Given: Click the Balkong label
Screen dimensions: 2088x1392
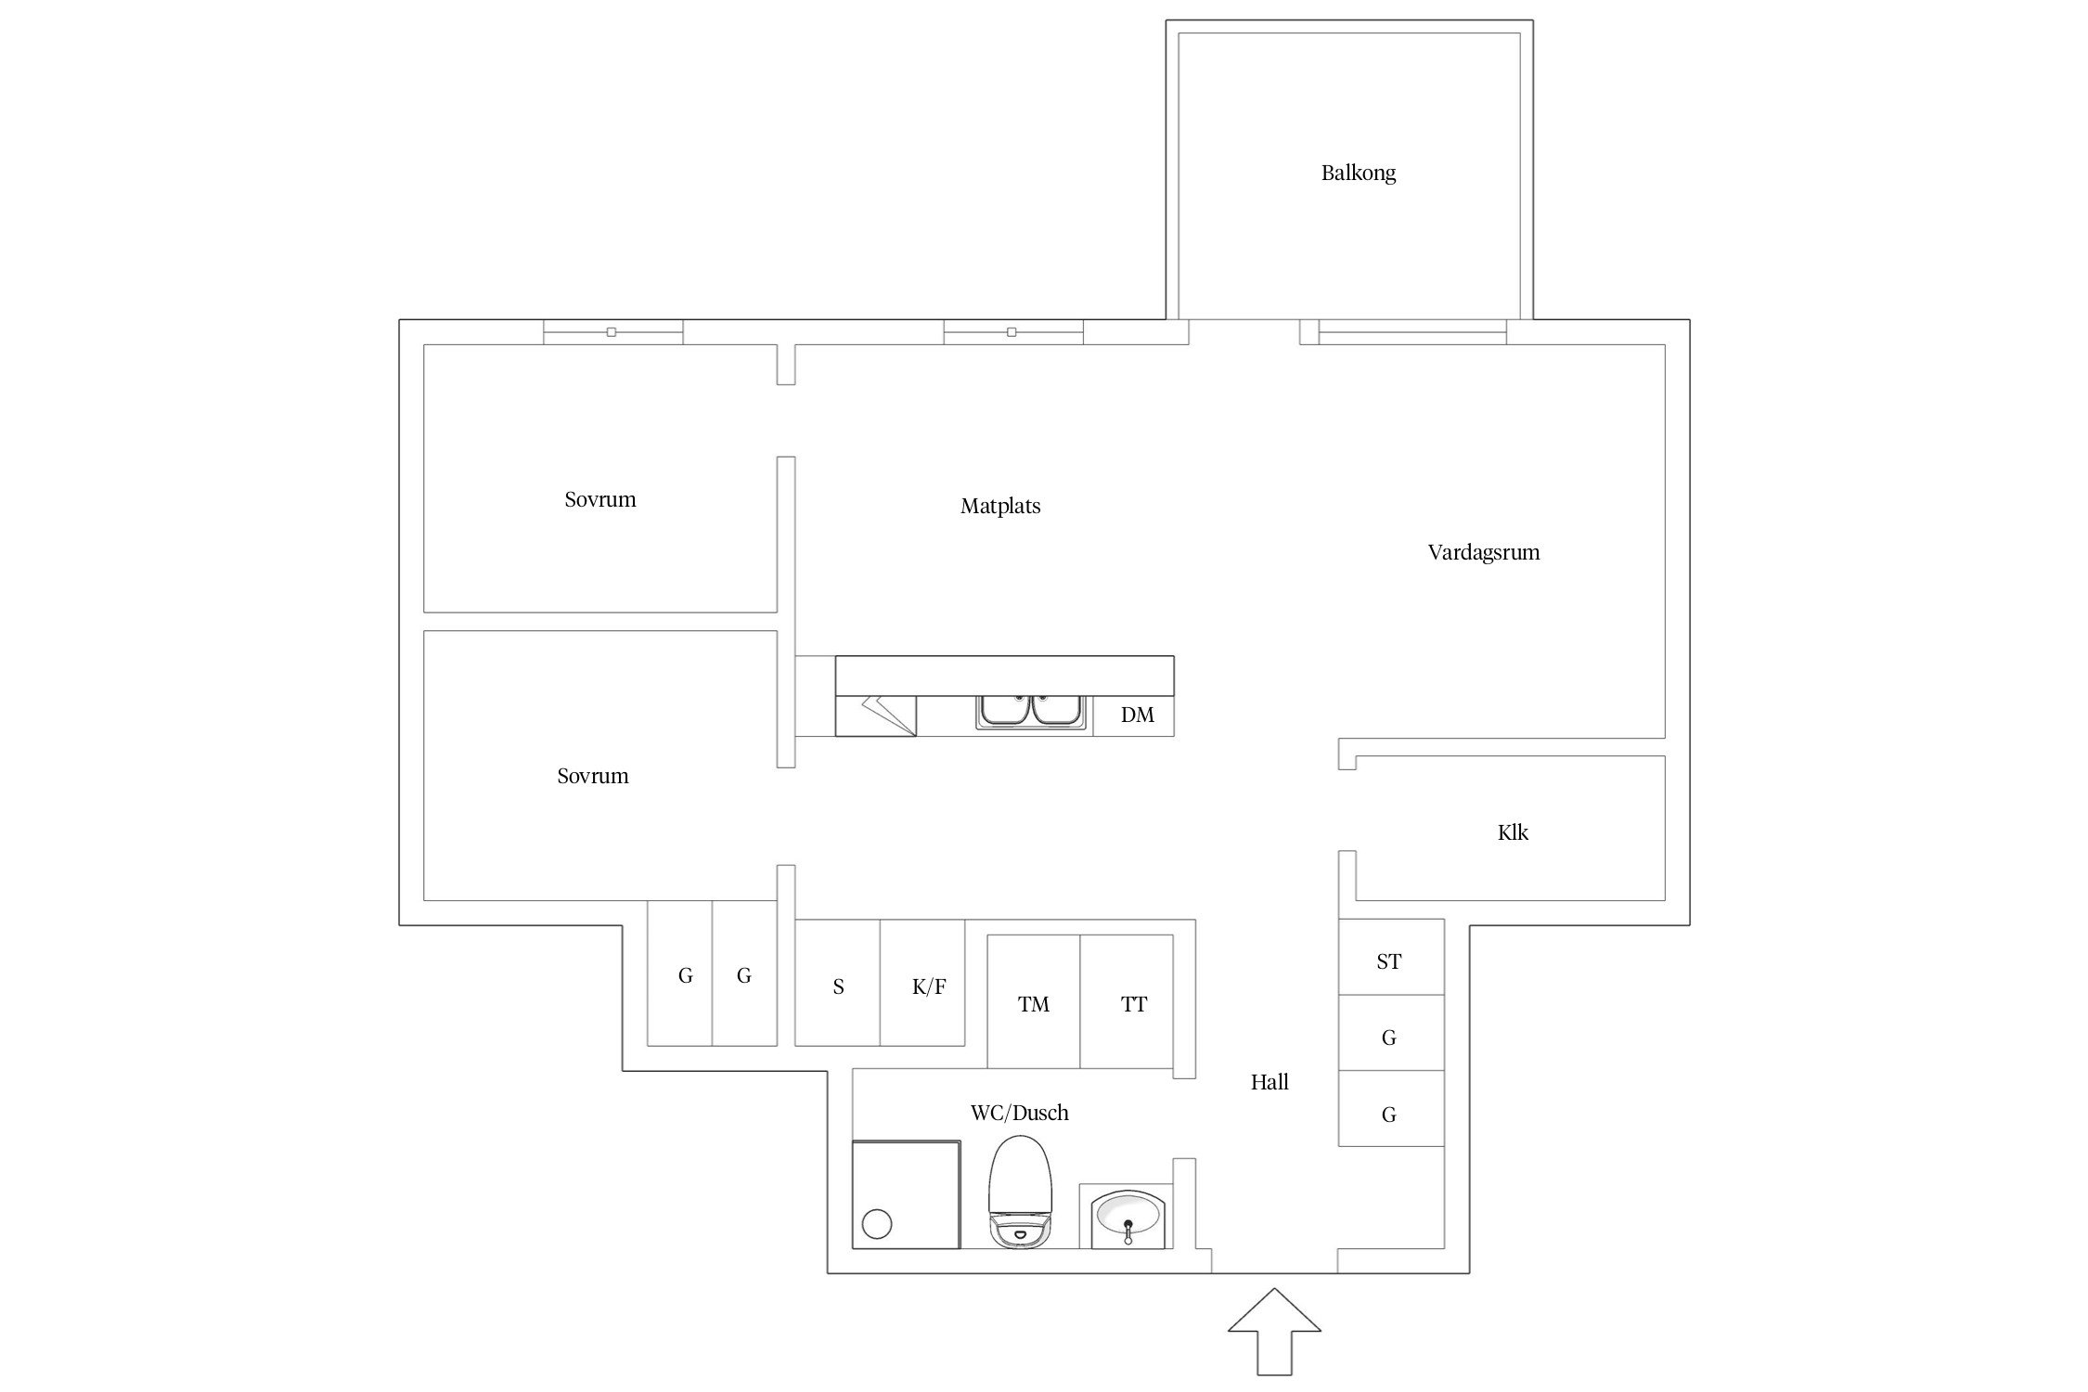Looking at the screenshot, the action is pos(1358,173).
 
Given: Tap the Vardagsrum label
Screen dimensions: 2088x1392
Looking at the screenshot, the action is pos(1484,552).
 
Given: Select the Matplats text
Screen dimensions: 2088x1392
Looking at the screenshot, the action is pos(1000,506).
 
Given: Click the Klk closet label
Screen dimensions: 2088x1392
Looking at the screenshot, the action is pos(1513,832).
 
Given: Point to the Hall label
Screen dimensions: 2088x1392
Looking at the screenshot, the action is pos(1270,1081).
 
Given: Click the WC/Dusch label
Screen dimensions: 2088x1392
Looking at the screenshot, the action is pos(1019,1113).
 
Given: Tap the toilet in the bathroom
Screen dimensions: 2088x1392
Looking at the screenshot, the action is pos(1020,1192).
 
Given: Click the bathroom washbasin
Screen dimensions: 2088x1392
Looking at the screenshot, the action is pos(1127,1216).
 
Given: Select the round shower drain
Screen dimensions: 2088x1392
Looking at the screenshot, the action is pos(877,1224).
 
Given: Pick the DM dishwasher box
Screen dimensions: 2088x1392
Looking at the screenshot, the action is pos(1133,715).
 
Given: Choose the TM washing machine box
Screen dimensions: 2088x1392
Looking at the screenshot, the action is pos(1033,1001).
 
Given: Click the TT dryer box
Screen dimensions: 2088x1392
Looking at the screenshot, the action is pos(1127,1001).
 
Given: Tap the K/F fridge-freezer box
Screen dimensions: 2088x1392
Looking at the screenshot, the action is pos(922,983).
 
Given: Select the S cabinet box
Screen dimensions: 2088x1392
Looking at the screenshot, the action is pos(837,983).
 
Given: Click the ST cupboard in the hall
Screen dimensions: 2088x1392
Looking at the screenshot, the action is pos(1391,957).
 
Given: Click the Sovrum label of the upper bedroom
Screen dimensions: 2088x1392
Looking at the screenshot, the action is pos(600,499).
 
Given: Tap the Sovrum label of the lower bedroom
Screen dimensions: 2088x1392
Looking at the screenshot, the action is pos(593,776).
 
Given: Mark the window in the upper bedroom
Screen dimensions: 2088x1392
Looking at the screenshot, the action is pos(612,332).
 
